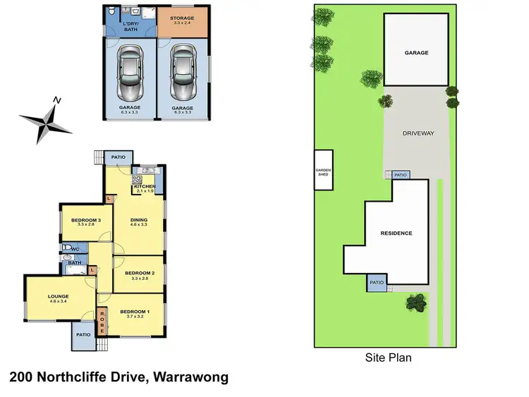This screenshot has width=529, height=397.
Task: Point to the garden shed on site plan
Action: pos(323,170)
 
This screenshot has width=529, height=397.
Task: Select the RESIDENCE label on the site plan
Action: pos(396,233)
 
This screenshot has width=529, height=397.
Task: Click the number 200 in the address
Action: pos(23,377)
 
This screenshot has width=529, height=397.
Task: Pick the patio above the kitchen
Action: pos(116,157)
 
